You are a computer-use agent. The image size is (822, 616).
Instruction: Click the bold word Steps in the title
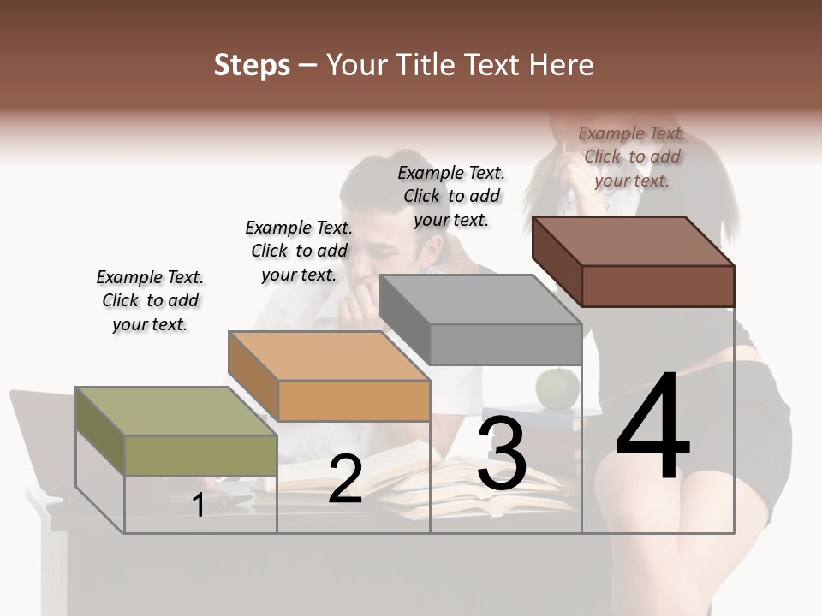(252, 65)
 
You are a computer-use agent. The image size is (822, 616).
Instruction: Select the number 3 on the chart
(501, 453)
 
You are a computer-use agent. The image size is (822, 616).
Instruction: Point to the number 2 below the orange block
(345, 479)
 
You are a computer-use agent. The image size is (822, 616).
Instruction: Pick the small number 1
(199, 505)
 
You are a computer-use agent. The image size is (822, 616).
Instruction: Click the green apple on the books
(557, 388)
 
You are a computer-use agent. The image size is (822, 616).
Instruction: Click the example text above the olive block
(150, 300)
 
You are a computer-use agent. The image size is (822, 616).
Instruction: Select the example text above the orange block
(299, 251)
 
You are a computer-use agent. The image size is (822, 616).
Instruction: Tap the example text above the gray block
(451, 196)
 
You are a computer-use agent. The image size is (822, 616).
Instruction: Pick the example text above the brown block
(632, 157)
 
